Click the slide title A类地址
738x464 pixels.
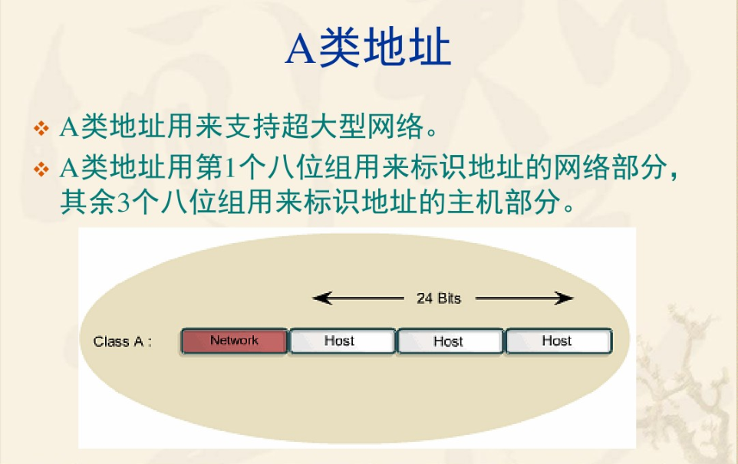(368, 47)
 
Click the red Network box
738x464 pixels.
(235, 341)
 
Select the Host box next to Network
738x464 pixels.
(342, 341)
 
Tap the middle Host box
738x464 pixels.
(450, 341)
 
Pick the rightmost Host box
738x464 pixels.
(559, 341)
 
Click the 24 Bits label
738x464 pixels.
(439, 298)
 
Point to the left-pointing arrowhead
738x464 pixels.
(322, 298)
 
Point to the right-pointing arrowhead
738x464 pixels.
(564, 298)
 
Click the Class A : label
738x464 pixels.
(123, 341)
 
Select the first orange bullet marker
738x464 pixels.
(41, 128)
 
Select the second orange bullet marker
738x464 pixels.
(41, 169)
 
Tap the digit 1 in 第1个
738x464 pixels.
(229, 167)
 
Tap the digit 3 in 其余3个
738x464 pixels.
(123, 202)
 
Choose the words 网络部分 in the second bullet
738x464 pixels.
(611, 167)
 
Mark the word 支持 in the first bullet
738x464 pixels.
(252, 127)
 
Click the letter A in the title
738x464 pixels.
(300, 48)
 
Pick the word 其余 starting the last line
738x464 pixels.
(88, 202)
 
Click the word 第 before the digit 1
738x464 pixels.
(210, 167)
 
